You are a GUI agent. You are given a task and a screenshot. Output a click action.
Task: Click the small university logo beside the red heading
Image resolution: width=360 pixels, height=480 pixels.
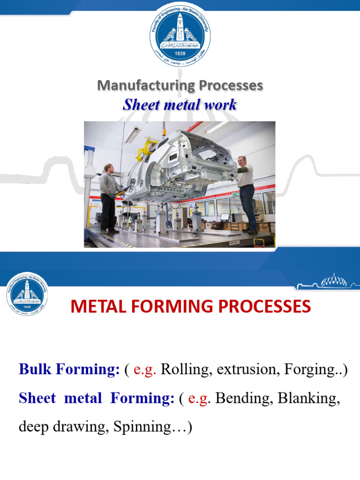click(27, 294)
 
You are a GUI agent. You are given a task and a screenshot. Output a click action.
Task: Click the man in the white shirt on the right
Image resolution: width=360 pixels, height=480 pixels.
click(246, 192)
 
